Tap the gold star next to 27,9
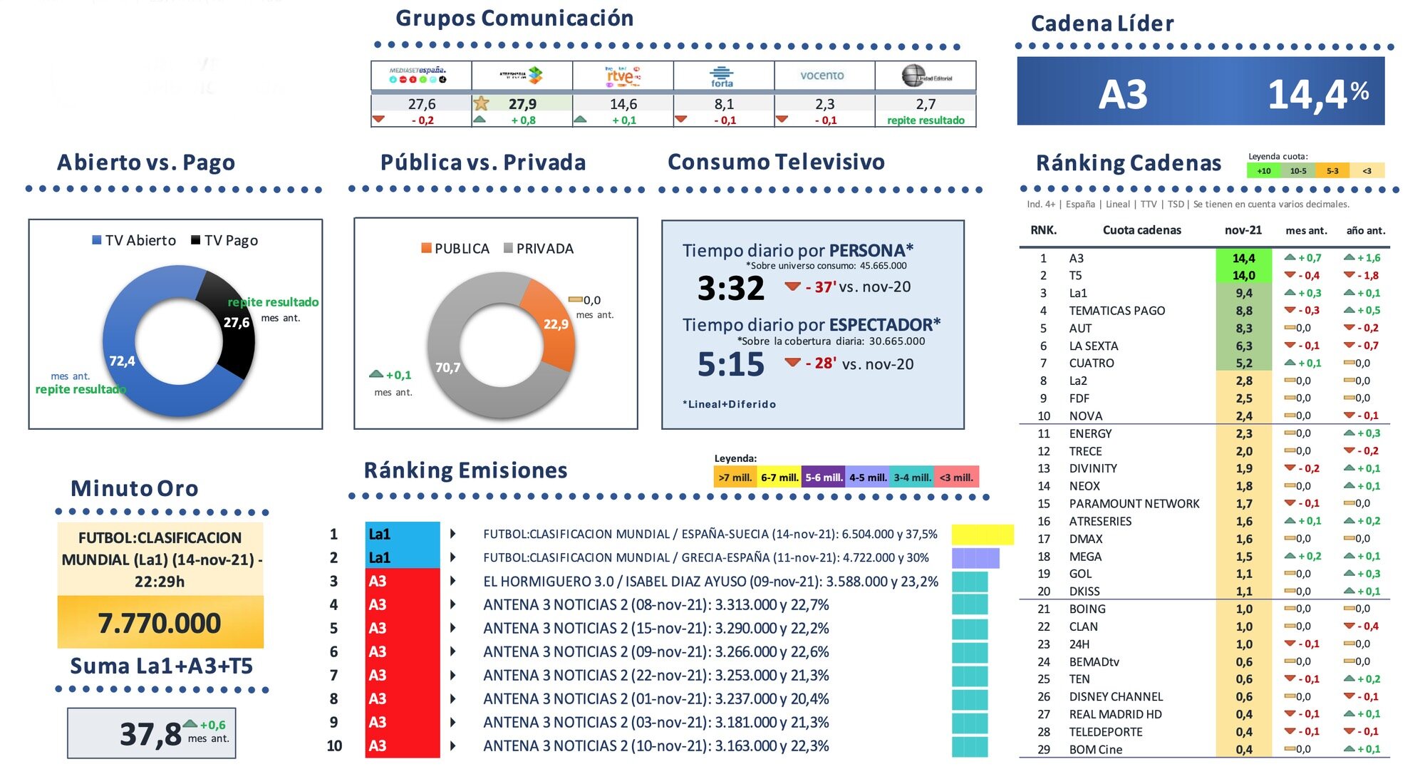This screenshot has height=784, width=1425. coord(482,103)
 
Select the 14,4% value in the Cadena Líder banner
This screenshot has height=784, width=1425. coord(1317,94)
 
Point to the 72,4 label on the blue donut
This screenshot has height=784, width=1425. coord(122,361)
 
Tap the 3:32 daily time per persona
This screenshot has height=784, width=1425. coord(730,289)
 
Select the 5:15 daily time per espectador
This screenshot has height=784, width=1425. coord(730,365)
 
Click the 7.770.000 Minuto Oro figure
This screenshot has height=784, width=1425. coord(160,623)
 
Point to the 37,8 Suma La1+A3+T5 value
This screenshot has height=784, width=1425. coord(150,733)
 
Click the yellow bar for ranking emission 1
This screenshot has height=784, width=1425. coord(982,534)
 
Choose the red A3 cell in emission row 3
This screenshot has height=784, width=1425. coord(402,581)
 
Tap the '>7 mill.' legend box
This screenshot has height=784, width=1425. coord(735,478)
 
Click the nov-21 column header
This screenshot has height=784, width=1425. coord(1243,230)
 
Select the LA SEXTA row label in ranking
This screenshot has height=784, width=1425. coord(1093,346)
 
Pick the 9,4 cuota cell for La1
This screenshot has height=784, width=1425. coord(1243,293)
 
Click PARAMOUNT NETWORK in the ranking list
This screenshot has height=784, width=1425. coord(1134,503)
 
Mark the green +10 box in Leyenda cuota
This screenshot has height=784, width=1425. coord(1263,171)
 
